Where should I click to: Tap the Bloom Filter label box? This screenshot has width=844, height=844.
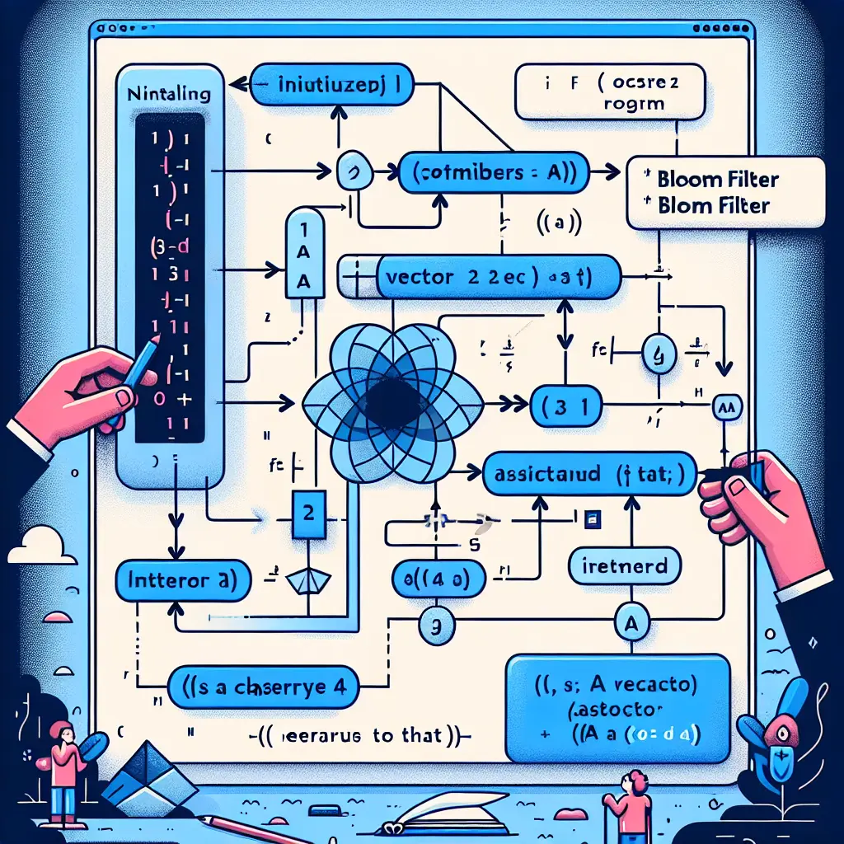click(x=725, y=192)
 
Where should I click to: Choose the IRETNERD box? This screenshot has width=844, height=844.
click(x=625, y=567)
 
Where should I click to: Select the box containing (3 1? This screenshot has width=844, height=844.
click(x=565, y=406)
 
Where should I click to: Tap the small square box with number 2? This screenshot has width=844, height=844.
click(x=307, y=511)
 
